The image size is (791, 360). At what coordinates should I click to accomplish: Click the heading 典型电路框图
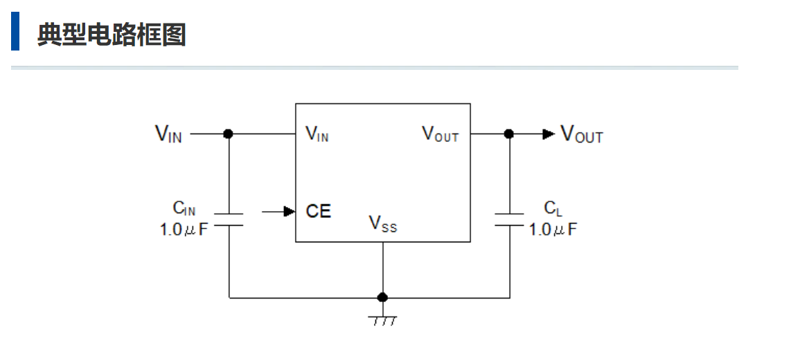(112, 34)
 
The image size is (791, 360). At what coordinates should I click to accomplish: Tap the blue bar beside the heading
(15, 32)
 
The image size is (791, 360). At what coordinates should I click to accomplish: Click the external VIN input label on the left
(168, 134)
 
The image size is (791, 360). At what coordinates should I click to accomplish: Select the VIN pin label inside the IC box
(317, 134)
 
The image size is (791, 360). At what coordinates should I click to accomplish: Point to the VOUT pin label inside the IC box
(441, 134)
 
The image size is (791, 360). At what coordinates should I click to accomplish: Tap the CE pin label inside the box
(319, 211)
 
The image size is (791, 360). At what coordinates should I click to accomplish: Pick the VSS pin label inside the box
(382, 224)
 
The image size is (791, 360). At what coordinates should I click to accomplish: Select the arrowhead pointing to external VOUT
(549, 134)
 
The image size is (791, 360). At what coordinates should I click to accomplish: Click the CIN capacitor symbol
(229, 219)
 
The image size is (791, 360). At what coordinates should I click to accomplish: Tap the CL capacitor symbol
(509, 219)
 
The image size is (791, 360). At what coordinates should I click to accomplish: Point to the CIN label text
(184, 208)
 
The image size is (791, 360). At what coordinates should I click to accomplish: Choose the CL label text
(553, 208)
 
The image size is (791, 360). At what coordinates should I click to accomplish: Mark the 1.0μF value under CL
(553, 229)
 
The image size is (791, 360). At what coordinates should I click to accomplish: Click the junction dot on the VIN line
(229, 134)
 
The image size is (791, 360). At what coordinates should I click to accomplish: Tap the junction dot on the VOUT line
(509, 134)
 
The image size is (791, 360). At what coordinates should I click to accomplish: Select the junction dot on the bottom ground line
(382, 298)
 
